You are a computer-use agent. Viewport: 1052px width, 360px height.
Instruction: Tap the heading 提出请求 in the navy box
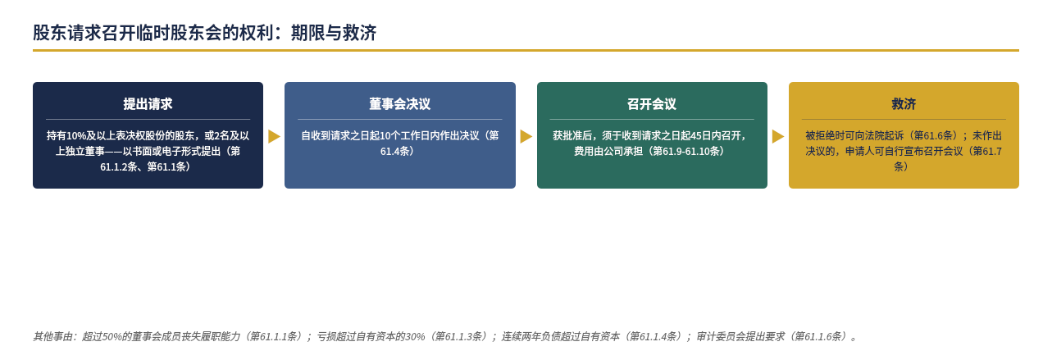point(148,104)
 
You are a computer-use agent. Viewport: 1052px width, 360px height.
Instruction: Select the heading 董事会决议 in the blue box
point(399,104)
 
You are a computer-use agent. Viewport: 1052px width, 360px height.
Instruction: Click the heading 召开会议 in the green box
point(652,104)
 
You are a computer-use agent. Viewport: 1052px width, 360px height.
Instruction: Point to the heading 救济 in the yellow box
point(904,104)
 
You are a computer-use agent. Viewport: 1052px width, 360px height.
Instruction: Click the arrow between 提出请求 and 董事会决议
point(274,136)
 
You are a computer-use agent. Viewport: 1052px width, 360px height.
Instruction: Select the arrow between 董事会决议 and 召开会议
point(526,136)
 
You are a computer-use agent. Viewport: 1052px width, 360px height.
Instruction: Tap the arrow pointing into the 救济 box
point(778,136)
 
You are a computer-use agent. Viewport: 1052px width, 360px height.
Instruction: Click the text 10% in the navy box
point(76,136)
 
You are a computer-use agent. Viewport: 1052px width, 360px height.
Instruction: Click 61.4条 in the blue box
point(394,152)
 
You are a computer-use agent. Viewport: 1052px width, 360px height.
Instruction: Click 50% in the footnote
point(112,336)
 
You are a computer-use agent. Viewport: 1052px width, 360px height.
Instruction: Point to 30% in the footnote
point(415,336)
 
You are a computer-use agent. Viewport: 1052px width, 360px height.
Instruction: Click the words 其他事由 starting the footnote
point(52,336)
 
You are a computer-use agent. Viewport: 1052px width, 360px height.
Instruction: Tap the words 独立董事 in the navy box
point(85,152)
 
